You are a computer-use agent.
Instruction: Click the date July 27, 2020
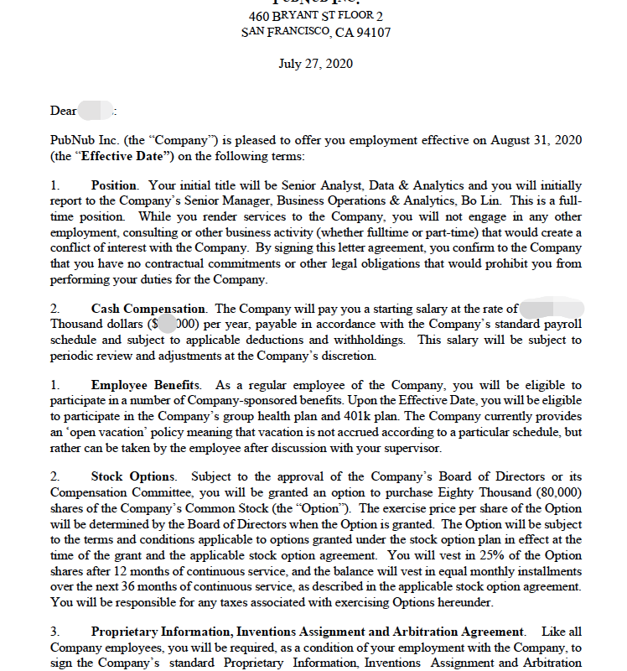tap(315, 64)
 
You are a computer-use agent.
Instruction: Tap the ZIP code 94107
tap(373, 33)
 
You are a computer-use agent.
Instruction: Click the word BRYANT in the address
tap(300, 17)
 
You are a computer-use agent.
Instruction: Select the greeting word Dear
tap(64, 110)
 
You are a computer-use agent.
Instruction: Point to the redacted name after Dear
tap(96, 110)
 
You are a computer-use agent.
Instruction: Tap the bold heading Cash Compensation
tap(148, 309)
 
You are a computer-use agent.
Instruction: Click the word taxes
tap(225, 601)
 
